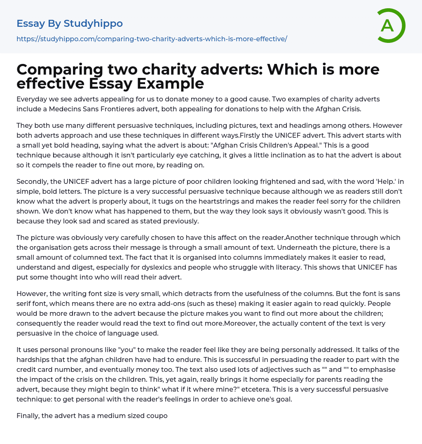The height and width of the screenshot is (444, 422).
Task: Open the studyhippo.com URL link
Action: (152, 39)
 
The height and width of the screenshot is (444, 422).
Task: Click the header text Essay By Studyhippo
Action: (70, 23)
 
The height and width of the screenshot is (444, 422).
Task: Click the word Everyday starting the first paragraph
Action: (32, 99)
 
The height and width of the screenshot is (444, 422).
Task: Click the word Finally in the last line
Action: (28, 416)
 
